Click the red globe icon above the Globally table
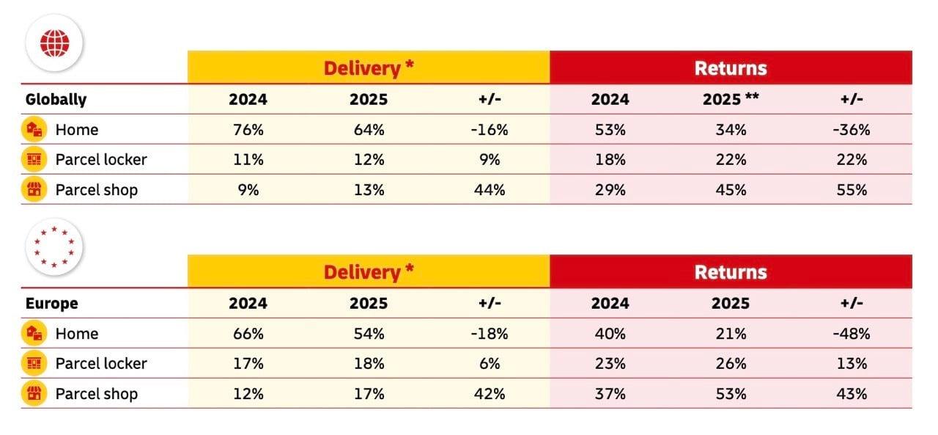tap(55, 42)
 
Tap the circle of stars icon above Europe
tap(55, 246)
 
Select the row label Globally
tap(56, 99)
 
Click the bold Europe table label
tap(51, 303)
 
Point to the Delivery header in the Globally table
tap(369, 68)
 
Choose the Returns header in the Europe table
tap(731, 272)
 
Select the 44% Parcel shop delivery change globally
tap(490, 190)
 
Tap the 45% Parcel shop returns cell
tap(731, 190)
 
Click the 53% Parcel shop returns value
tap(731, 394)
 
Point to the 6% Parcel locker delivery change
tap(490, 364)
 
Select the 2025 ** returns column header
tap(731, 99)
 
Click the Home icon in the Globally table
tap(34, 130)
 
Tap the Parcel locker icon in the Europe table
tap(34, 364)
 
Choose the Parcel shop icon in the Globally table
tap(34, 190)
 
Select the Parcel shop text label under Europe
tap(97, 394)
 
